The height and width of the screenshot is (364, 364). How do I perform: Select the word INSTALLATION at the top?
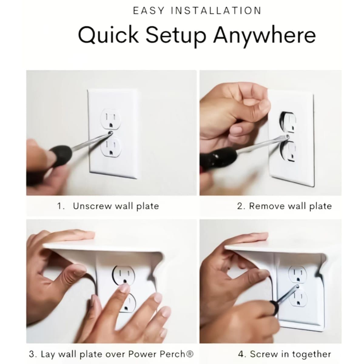point(216,11)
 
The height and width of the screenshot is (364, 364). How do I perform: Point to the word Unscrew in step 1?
point(92,206)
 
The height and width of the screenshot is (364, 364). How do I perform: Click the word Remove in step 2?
point(267,206)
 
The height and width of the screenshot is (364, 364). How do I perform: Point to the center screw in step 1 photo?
point(110,133)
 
